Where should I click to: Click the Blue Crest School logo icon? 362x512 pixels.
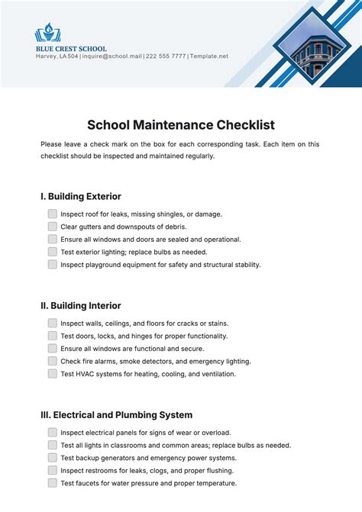pyautogui.click(x=48, y=33)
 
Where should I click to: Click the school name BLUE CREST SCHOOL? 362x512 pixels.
pyautogui.click(x=71, y=49)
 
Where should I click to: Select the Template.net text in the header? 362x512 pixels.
pyautogui.click(x=209, y=56)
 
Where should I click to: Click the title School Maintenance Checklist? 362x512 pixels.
pyautogui.click(x=181, y=124)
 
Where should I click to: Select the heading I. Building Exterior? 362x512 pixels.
pyautogui.click(x=81, y=196)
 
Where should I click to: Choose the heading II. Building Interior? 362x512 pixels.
pyautogui.click(x=80, y=305)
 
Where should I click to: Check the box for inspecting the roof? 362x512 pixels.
pyautogui.click(x=53, y=214)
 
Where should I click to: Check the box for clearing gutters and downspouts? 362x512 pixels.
pyautogui.click(x=53, y=227)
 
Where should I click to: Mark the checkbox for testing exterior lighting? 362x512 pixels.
pyautogui.click(x=53, y=252)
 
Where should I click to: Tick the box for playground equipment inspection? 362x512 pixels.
pyautogui.click(x=53, y=264)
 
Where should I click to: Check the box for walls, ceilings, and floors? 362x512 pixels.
pyautogui.click(x=53, y=324)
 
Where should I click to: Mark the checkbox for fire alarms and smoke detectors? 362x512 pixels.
pyautogui.click(x=53, y=361)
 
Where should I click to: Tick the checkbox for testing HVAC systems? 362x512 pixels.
pyautogui.click(x=53, y=374)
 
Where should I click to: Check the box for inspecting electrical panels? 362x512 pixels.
pyautogui.click(x=53, y=433)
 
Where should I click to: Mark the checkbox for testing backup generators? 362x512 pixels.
pyautogui.click(x=53, y=458)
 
